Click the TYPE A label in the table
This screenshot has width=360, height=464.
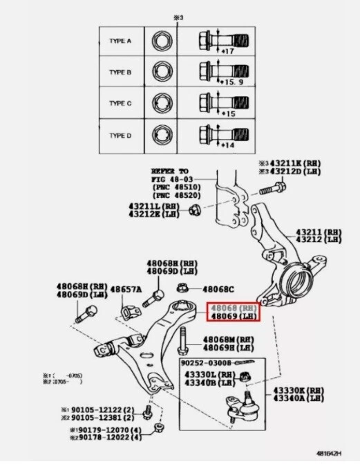120,41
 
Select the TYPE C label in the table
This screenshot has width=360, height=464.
120,104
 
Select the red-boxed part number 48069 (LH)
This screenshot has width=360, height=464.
231,316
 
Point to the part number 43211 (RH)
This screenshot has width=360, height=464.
319,232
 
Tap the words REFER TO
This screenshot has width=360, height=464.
170,170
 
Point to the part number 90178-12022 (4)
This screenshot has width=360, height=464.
104,438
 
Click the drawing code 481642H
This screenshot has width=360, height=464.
332,454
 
